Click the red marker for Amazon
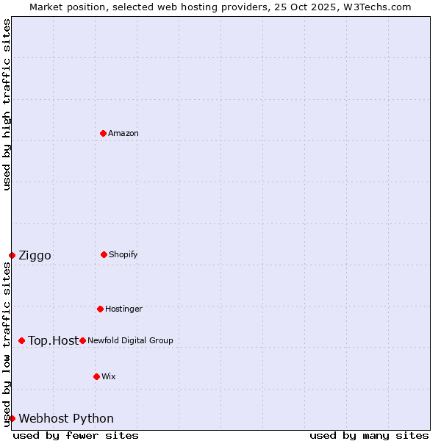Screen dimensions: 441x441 point(104,133)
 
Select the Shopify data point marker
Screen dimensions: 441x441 point(104,254)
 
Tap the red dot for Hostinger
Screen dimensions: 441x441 point(100,309)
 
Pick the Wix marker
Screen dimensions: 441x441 point(96,376)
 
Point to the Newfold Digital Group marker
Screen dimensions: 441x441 point(82,340)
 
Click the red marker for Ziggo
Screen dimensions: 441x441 point(12,255)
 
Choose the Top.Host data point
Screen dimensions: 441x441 point(21,340)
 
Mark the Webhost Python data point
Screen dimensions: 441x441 point(12,418)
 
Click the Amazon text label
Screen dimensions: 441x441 point(123,134)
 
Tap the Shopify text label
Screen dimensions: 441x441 point(123,255)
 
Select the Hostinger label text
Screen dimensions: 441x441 point(123,309)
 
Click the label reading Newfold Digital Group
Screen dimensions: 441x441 point(130,341)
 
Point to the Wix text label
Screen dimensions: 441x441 point(109,377)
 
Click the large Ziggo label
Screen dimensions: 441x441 point(35,256)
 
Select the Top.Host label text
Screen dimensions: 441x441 point(53,341)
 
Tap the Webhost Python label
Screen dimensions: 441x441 point(66,419)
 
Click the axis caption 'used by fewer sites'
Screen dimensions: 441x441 point(76,435)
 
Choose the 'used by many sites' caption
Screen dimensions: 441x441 point(369,435)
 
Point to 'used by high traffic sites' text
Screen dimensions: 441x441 point(7,104)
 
